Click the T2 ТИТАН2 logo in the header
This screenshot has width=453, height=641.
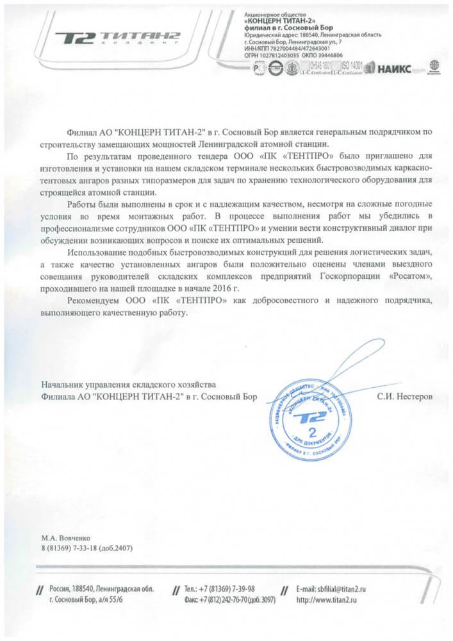click(x=117, y=38)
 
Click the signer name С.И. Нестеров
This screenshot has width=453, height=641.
click(x=404, y=397)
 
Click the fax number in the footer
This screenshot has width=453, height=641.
click(x=229, y=600)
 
